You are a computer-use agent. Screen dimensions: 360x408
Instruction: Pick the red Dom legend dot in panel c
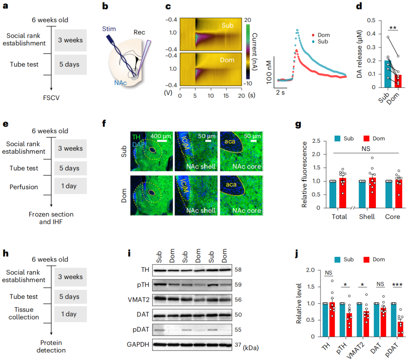pos(315,35)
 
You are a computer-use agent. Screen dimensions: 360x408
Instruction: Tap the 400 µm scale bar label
pos(161,135)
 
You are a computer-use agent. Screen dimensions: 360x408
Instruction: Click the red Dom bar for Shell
pos(372,193)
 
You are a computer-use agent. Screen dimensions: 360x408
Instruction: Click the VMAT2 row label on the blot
pos(142,299)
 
